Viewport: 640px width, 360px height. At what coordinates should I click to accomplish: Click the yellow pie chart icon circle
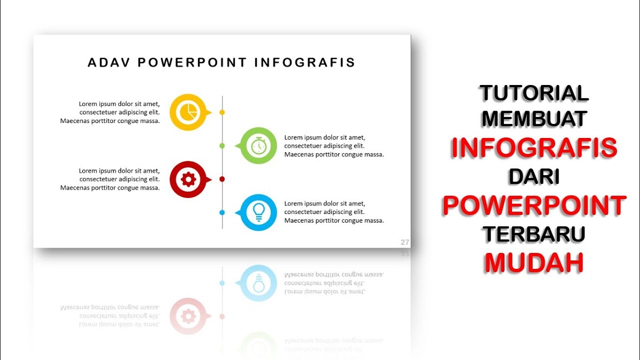188,112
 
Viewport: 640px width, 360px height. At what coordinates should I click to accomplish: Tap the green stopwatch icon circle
258,145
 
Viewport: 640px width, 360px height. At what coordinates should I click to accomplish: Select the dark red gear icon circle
188,179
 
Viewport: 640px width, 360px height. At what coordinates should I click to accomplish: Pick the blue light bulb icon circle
258,212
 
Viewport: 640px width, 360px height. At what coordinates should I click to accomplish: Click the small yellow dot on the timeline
222,112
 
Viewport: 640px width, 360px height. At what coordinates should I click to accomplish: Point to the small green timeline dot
222,145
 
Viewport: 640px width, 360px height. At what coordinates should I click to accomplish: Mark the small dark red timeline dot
222,179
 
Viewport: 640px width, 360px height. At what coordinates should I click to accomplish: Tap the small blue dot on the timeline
222,212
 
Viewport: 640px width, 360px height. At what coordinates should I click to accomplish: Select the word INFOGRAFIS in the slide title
304,62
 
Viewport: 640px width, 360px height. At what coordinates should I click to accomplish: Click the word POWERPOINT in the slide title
192,62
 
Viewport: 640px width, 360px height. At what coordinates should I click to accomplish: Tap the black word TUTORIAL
534,93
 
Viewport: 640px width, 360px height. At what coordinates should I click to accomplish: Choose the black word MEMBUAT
534,119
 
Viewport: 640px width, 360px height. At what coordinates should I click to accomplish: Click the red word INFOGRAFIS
534,147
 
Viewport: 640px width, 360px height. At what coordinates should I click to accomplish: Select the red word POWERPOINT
534,205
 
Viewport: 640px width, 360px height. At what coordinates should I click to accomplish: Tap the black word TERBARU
534,234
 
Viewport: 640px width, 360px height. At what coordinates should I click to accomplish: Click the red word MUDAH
534,262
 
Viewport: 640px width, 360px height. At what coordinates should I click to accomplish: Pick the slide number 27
405,242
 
